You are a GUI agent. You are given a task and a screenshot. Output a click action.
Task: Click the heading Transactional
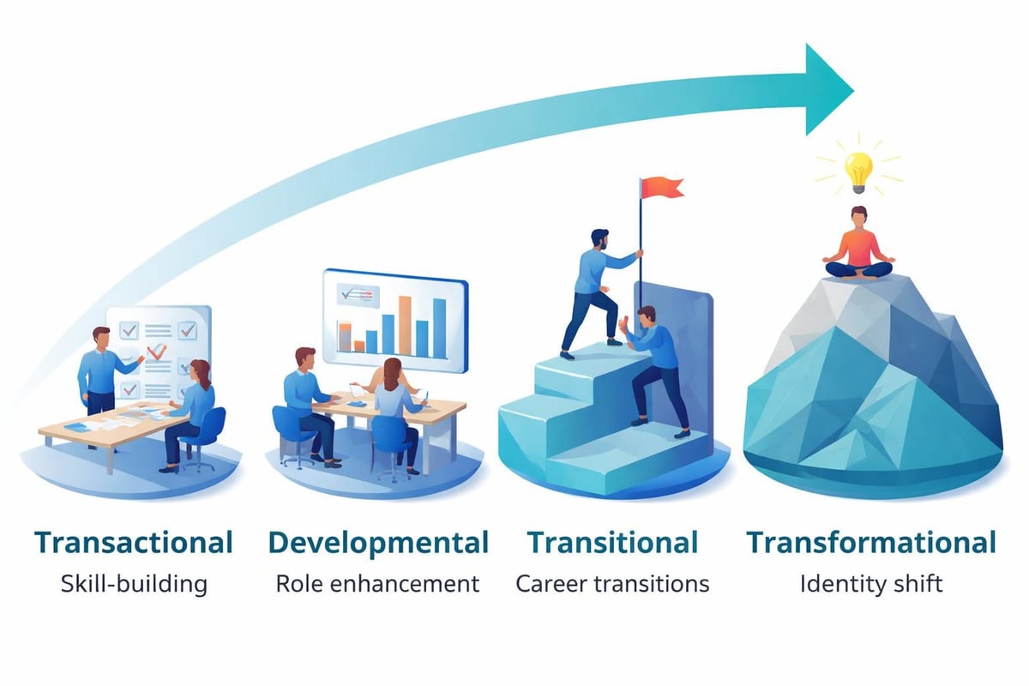point(134,543)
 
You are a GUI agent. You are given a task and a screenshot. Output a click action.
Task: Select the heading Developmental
point(378,543)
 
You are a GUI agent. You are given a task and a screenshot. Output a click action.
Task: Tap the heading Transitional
point(612,543)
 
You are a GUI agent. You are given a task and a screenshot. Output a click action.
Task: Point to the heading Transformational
point(870,543)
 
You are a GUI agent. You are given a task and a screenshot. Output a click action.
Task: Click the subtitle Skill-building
point(134,585)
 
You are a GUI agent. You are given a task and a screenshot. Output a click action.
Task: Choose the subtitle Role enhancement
point(377,585)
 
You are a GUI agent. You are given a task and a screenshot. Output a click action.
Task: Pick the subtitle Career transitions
point(612,585)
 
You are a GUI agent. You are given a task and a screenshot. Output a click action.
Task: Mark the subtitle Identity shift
point(870,585)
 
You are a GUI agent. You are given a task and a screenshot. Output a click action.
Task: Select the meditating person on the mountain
point(857,244)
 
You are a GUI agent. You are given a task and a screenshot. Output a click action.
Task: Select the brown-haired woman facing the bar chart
point(394,403)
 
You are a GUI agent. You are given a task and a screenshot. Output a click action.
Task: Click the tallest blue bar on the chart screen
point(439,325)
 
